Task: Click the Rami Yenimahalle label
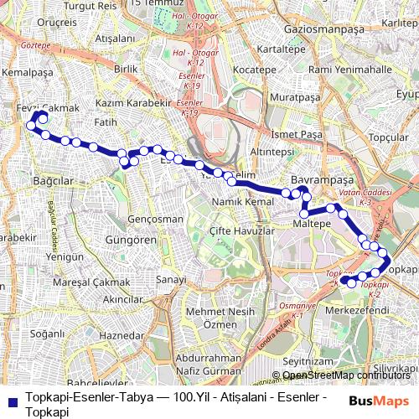pos(350,69)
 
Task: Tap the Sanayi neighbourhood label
pos(170,279)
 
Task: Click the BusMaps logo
pos(380,400)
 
